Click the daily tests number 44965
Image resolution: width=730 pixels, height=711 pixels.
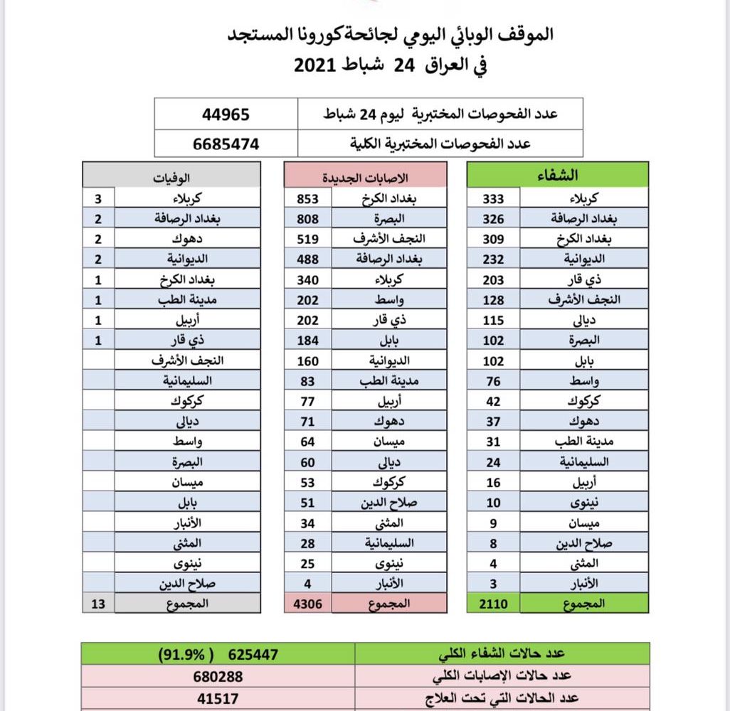pyautogui.click(x=226, y=114)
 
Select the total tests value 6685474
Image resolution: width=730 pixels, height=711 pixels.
pyautogui.click(x=226, y=144)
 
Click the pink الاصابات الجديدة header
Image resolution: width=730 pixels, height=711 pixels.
pyautogui.click(x=366, y=176)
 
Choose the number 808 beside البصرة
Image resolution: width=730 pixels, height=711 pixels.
pyautogui.click(x=307, y=218)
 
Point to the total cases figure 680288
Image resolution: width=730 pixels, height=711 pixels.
pyautogui.click(x=217, y=673)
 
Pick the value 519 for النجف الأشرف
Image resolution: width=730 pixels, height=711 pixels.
pyautogui.click(x=307, y=239)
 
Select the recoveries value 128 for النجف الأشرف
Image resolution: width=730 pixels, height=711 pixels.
pyautogui.click(x=493, y=299)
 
